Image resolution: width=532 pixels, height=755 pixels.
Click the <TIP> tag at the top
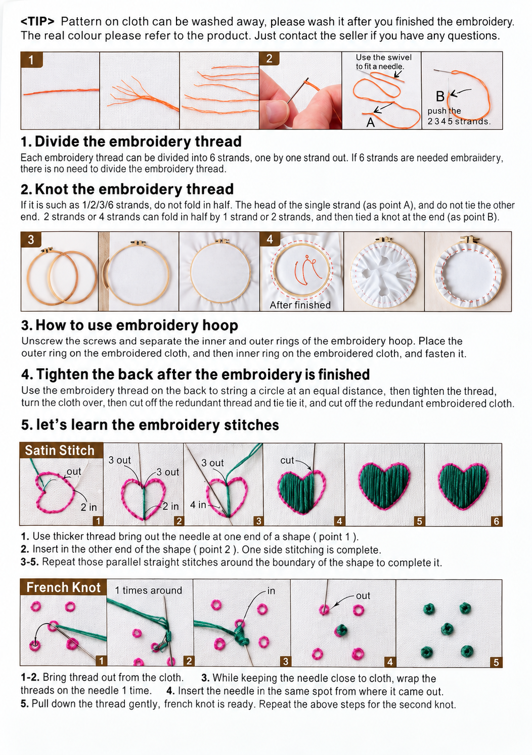[37, 22]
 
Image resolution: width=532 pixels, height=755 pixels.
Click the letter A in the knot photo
[370, 122]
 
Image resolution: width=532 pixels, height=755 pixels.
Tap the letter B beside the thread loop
[440, 97]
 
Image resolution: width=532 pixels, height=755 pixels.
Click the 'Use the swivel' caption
[383, 57]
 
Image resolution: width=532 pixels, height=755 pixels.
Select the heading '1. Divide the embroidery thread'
[131, 141]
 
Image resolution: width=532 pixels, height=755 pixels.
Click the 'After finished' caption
[300, 305]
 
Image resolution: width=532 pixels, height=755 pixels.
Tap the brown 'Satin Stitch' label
[60, 450]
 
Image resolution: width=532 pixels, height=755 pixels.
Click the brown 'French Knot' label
[63, 587]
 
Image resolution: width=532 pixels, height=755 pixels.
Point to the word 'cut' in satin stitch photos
[287, 460]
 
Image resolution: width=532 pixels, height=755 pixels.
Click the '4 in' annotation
[198, 504]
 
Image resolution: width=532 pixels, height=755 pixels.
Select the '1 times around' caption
[148, 590]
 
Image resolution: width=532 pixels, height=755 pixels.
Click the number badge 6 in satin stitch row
[496, 521]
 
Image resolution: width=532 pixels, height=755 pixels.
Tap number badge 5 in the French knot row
[496, 663]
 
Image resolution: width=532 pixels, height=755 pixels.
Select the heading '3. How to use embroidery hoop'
[129, 325]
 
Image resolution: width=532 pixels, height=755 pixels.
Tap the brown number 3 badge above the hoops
[31, 240]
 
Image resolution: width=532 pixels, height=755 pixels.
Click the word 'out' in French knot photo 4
[363, 596]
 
